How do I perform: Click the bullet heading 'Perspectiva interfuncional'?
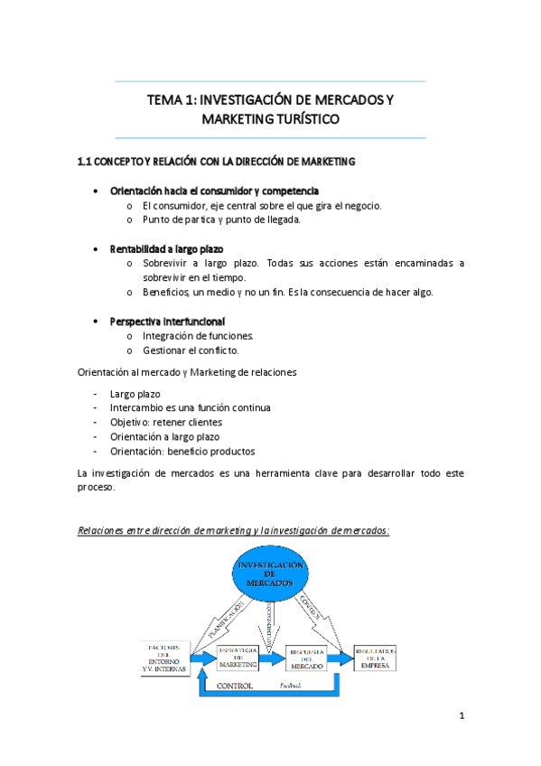tap(168, 322)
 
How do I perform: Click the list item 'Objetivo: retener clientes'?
tap(166, 422)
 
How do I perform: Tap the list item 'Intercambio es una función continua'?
tap(190, 407)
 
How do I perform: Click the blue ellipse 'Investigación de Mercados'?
tap(270, 575)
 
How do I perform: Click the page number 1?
tap(461, 718)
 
